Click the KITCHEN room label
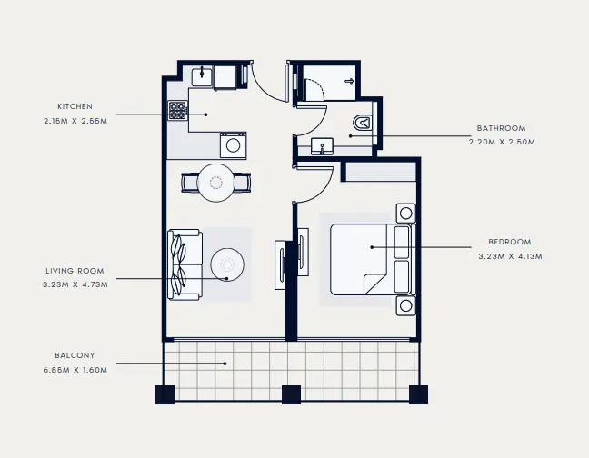click(75, 106)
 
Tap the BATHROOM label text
click(502, 128)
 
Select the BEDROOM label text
click(509, 242)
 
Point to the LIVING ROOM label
click(75, 271)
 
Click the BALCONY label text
click(75, 355)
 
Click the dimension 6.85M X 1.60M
click(75, 370)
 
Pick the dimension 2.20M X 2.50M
click(502, 143)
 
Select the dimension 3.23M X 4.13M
click(509, 256)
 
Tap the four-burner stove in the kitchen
click(177, 111)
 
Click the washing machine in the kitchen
click(233, 144)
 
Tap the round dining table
click(216, 182)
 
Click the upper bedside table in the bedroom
click(404, 214)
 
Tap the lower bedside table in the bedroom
click(404, 304)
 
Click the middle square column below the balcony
click(291, 394)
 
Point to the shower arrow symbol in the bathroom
click(348, 81)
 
